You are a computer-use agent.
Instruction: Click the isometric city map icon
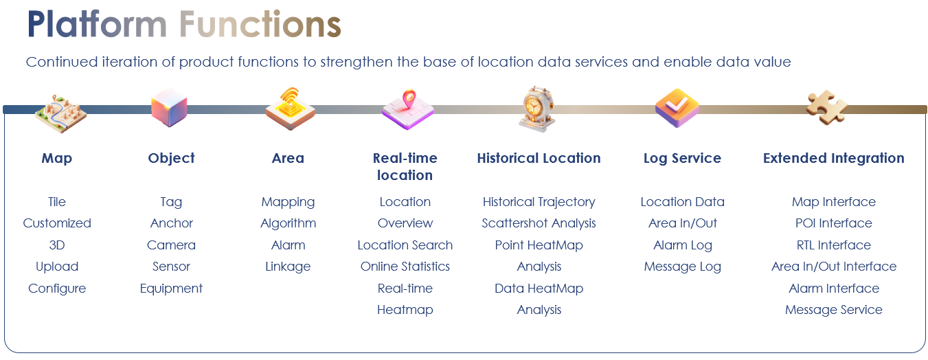tap(61, 113)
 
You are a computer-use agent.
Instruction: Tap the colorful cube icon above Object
tap(169, 107)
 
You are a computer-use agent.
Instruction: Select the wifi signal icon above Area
tap(290, 109)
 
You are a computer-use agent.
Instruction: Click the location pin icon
tap(408, 109)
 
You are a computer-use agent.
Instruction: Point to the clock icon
tap(537, 109)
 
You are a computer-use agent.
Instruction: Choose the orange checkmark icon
tap(677, 108)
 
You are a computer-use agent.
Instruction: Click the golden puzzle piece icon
tap(827, 107)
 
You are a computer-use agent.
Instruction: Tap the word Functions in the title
tap(260, 24)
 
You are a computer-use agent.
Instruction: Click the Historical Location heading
tap(539, 158)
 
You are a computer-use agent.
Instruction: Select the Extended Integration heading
tap(833, 158)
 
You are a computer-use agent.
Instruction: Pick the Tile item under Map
tap(57, 202)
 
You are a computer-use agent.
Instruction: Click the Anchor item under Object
tap(172, 223)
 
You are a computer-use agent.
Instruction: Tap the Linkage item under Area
tap(288, 267)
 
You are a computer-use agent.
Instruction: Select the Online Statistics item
tap(405, 267)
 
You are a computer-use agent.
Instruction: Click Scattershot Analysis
tap(539, 223)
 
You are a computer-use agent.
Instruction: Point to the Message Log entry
tap(682, 267)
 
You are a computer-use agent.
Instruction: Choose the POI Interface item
tap(833, 223)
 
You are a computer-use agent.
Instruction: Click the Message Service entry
tap(833, 310)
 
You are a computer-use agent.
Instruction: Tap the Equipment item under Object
tap(171, 289)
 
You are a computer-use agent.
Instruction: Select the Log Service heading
tap(682, 158)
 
